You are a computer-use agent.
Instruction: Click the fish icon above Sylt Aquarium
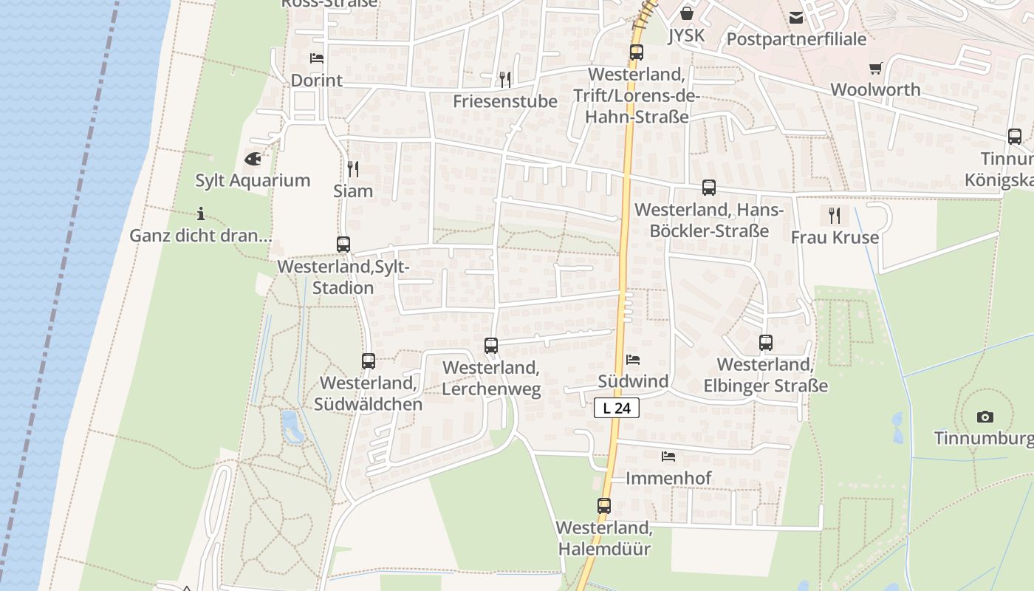(253, 159)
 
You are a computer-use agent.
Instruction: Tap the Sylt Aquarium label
(253, 180)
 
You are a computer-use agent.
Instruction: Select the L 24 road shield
(616, 408)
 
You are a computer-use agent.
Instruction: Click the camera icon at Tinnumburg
(985, 417)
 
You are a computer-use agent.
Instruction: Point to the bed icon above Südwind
(633, 361)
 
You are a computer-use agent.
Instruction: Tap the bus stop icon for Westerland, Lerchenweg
(491, 346)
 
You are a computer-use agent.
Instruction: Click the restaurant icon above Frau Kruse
(835, 216)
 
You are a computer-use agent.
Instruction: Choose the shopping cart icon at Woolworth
(875, 69)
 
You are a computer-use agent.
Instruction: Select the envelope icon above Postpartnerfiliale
(795, 18)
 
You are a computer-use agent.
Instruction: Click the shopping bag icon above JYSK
(687, 14)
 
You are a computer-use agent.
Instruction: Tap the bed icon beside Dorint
(317, 58)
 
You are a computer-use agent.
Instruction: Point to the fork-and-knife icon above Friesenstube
(505, 79)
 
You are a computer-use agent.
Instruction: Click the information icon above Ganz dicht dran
(201, 214)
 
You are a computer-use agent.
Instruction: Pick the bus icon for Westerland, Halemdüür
(604, 507)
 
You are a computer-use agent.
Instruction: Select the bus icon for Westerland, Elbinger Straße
(766, 344)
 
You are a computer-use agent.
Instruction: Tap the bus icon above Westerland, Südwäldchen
(369, 361)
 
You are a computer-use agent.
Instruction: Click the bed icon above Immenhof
(668, 457)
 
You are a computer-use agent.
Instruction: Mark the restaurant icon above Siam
(353, 169)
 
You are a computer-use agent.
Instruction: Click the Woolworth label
(875, 89)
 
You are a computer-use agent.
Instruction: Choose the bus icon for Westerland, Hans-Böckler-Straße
(709, 188)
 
